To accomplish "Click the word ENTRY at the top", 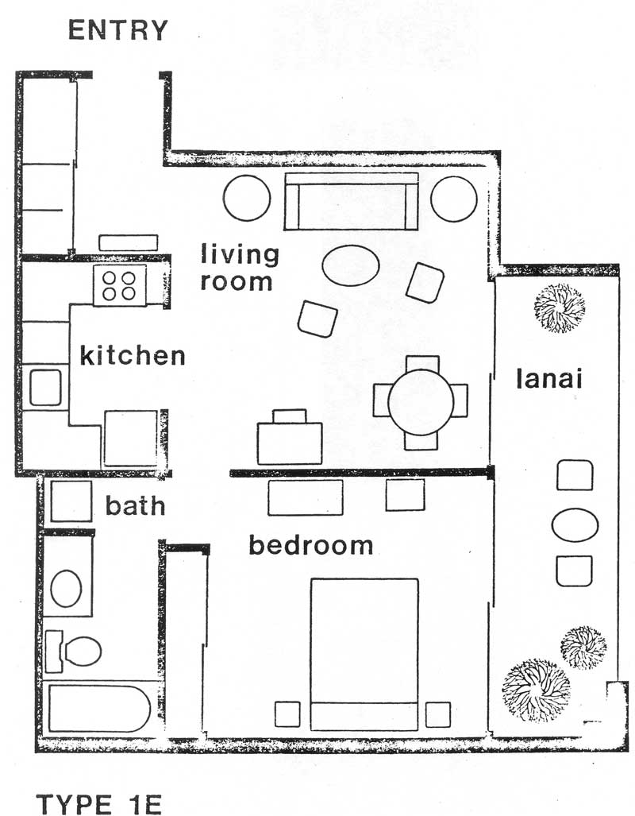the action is click(x=118, y=30).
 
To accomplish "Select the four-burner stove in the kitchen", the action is click(x=120, y=285).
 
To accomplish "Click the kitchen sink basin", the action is click(x=45, y=387).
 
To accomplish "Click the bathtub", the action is click(x=99, y=708).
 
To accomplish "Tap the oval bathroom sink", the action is click(x=66, y=589).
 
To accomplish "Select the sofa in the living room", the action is click(x=352, y=201).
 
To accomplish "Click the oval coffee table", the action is click(x=351, y=265).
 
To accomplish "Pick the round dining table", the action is click(x=421, y=402).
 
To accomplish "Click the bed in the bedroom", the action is click(x=364, y=654).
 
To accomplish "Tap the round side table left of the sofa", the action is click(x=247, y=198).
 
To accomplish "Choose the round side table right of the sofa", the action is click(x=454, y=199).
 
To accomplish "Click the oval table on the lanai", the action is click(x=575, y=525).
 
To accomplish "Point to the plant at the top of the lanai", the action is click(x=560, y=307).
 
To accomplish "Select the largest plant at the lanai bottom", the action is click(x=536, y=690).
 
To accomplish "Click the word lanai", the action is click(x=549, y=378).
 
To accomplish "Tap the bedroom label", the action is click(x=311, y=545).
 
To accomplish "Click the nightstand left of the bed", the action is click(x=287, y=714).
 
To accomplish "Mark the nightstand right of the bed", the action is click(x=438, y=714).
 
